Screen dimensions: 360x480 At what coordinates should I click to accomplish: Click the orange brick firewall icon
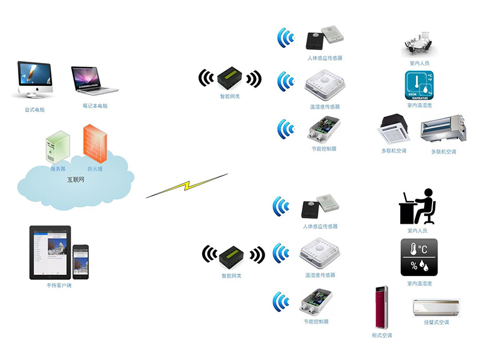(x=95, y=143)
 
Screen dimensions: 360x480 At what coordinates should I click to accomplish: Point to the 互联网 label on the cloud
(x=76, y=179)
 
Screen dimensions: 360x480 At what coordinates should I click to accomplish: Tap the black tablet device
(x=50, y=252)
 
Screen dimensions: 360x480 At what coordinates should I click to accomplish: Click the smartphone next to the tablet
(x=81, y=261)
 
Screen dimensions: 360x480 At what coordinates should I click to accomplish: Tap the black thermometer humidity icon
(x=419, y=257)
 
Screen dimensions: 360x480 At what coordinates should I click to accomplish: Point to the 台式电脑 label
(x=35, y=109)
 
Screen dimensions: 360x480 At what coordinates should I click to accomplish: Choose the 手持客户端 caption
(x=59, y=285)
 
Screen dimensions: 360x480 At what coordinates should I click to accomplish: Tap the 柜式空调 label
(x=382, y=335)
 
